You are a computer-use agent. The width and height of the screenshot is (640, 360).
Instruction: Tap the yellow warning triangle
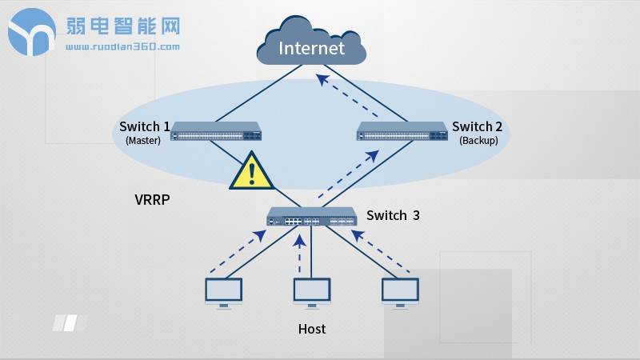pos(253,170)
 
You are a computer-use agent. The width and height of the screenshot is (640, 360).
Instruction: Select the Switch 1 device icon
pos(216,130)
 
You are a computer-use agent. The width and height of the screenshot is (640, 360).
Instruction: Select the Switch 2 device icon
pos(402,130)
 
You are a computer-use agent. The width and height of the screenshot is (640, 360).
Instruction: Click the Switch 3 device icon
pos(311,217)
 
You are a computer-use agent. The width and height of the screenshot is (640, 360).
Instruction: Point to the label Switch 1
pos(144,126)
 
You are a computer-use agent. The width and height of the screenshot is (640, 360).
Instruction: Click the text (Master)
pos(144,140)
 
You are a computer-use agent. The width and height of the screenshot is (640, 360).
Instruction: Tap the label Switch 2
pos(478,126)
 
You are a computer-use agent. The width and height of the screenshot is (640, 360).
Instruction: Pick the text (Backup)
pos(478,140)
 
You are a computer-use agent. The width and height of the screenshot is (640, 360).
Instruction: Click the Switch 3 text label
pos(393,215)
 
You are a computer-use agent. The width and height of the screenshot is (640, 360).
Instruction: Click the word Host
pos(312,329)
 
